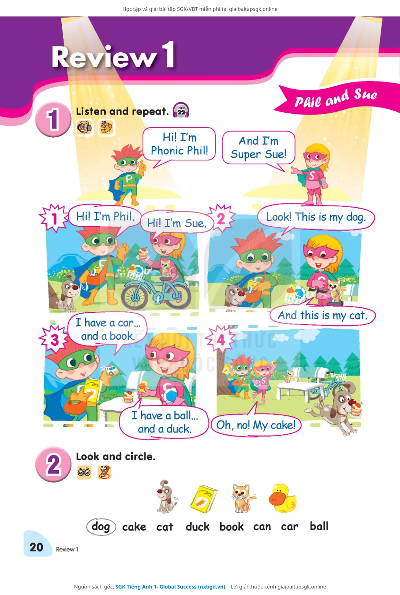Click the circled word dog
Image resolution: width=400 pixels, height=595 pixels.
click(x=101, y=526)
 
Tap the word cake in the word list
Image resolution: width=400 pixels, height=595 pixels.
click(x=134, y=527)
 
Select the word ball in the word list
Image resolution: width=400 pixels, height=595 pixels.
click(x=319, y=526)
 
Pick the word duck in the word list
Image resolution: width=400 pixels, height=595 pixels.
click(x=197, y=527)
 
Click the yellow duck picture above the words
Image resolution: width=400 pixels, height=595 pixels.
click(x=282, y=498)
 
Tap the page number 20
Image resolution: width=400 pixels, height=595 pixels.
click(x=36, y=547)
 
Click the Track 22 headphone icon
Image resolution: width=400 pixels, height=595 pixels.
click(x=181, y=110)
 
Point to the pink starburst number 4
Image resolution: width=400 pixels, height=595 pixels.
click(x=221, y=340)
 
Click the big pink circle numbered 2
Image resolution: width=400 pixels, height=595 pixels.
click(x=53, y=464)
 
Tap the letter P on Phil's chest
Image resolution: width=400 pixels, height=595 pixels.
click(x=129, y=179)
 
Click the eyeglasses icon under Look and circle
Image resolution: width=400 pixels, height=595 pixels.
click(x=84, y=472)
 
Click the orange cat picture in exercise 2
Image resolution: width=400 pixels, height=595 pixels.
click(x=243, y=498)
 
